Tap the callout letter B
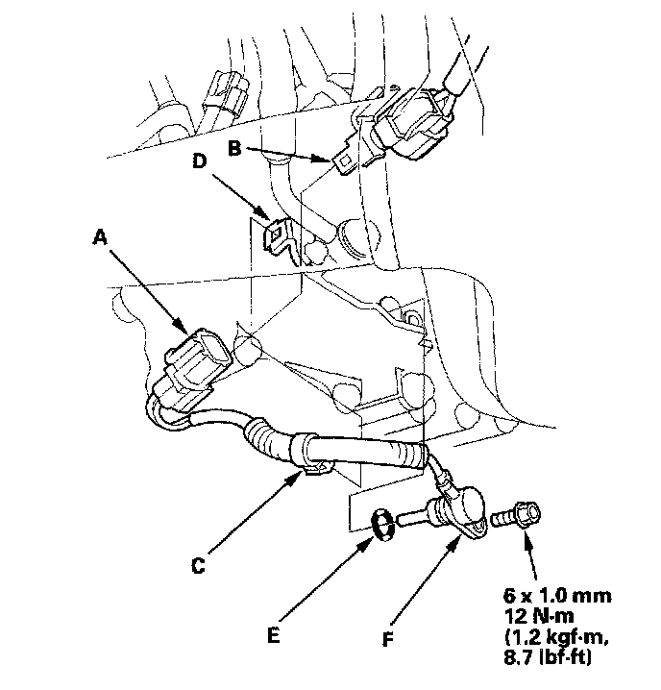click(x=233, y=149)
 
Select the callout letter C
click(x=196, y=566)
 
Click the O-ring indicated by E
click(x=382, y=525)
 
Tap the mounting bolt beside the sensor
click(x=516, y=515)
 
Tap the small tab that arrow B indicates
click(x=344, y=163)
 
